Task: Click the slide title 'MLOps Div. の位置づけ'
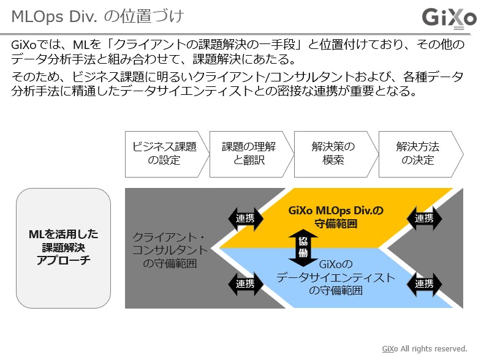coord(97,17)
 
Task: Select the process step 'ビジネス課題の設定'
coord(164,154)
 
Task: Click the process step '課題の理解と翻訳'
coord(248,154)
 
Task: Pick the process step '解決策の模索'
coord(333,154)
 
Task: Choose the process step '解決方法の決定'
coord(417,154)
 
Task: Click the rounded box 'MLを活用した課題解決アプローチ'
coord(63,247)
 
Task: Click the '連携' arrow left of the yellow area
coord(245,218)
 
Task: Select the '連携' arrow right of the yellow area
coord(424,218)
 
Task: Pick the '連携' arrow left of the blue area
coord(245,283)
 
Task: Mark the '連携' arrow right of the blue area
coord(424,283)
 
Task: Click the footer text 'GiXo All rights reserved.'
coord(425,348)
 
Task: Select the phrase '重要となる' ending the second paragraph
coord(388,92)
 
